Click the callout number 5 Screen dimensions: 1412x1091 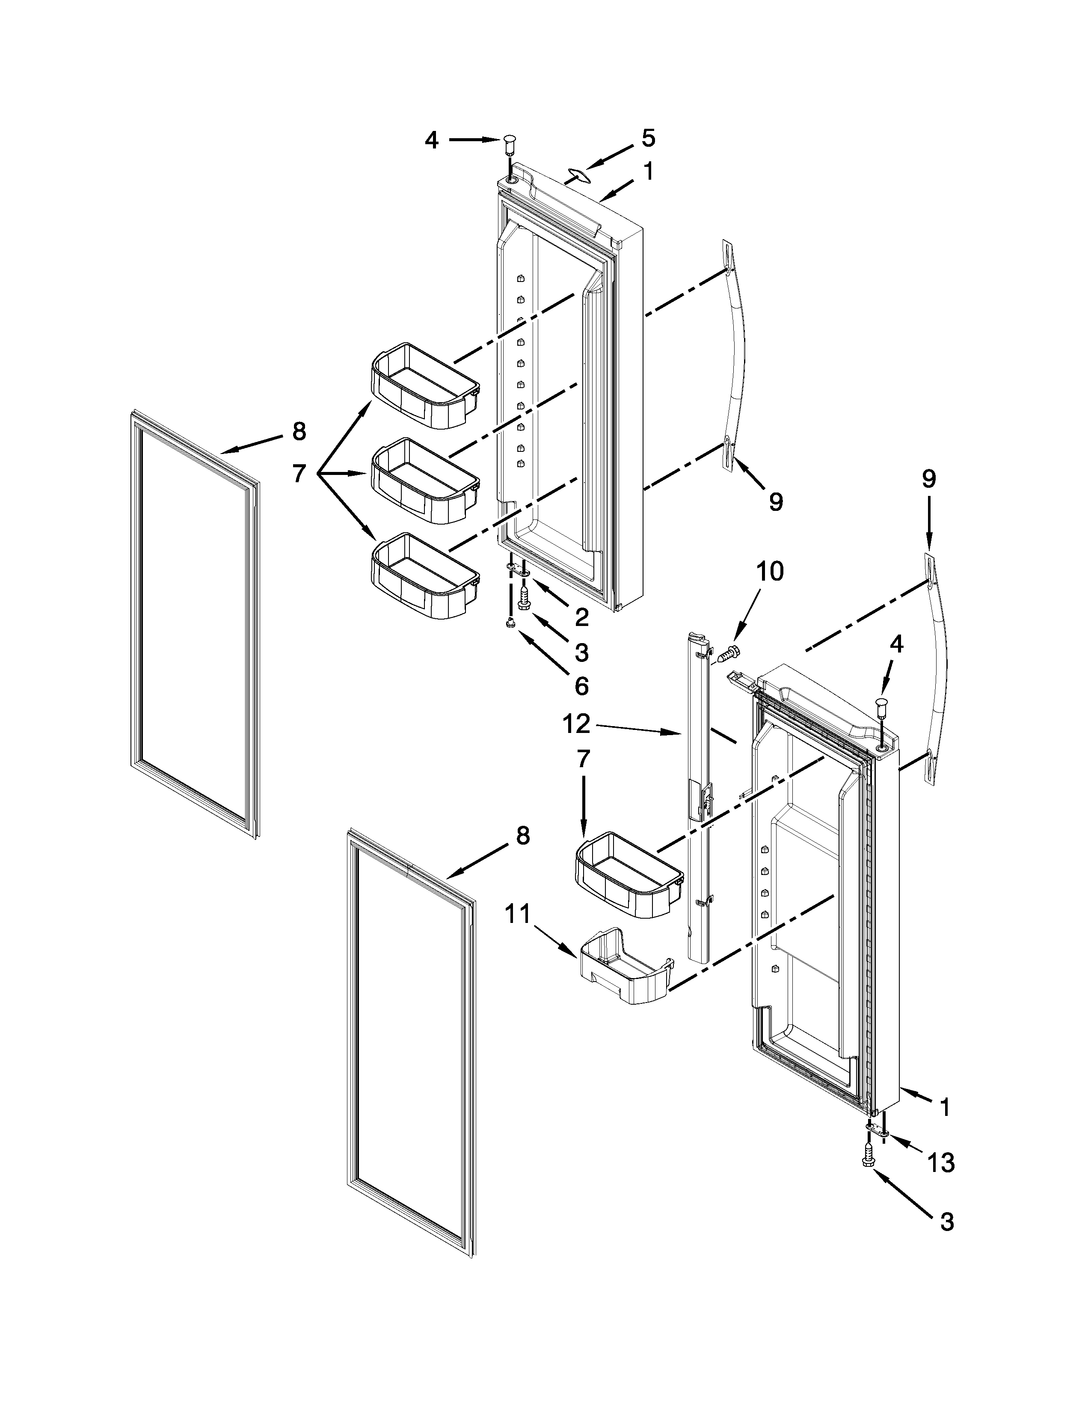(x=648, y=138)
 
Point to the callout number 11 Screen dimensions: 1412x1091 (x=519, y=914)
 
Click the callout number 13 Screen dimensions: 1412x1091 (x=940, y=1163)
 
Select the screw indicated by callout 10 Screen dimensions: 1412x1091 (x=728, y=654)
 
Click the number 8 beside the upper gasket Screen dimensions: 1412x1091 (x=299, y=431)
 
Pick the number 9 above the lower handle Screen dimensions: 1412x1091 (x=928, y=479)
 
